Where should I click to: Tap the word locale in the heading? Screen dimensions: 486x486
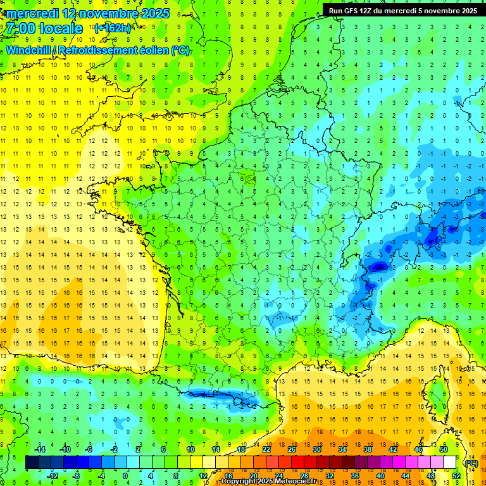[x=60, y=28]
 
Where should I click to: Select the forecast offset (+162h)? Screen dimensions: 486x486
[x=112, y=28]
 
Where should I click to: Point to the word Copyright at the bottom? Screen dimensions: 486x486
[x=239, y=482]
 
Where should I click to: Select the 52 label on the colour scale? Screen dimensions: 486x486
[x=456, y=475]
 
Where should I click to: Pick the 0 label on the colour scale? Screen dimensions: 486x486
[x=125, y=475]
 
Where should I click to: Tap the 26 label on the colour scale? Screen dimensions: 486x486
[x=292, y=449]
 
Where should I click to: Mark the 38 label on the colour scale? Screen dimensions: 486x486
[x=368, y=449]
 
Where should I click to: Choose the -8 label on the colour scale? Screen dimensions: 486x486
[x=75, y=475]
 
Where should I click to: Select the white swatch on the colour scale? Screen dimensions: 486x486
[x=450, y=463]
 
